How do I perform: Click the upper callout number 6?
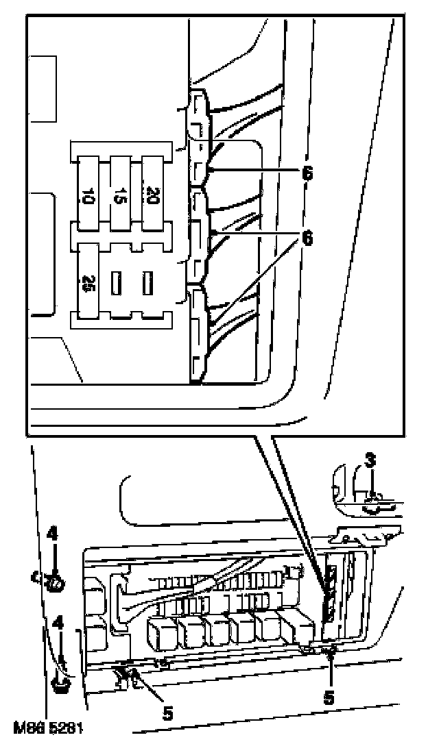click(x=307, y=173)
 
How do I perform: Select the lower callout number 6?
click(x=307, y=238)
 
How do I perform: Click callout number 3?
click(x=370, y=460)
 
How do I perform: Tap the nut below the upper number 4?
click(x=53, y=583)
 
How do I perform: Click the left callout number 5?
click(x=167, y=712)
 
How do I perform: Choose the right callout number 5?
click(x=329, y=697)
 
